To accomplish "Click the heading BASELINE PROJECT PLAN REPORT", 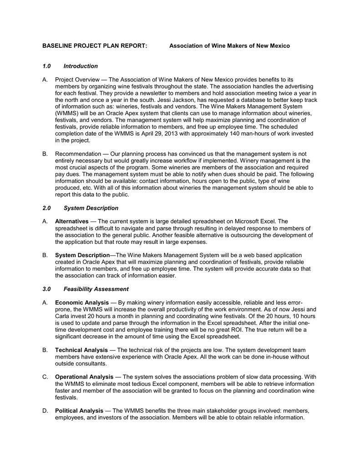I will (95, 46).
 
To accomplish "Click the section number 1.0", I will (46, 66).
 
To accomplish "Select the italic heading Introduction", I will (81, 66).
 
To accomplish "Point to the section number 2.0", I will (46, 208).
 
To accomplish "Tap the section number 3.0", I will (46, 289).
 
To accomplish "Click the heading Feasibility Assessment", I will (96, 289).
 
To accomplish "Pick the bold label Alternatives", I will (71, 222).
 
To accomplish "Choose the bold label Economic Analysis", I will (82, 303).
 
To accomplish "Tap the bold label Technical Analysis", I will (81, 350).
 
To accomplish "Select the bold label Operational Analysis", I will (84, 377).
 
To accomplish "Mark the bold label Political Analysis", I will (79, 411).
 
